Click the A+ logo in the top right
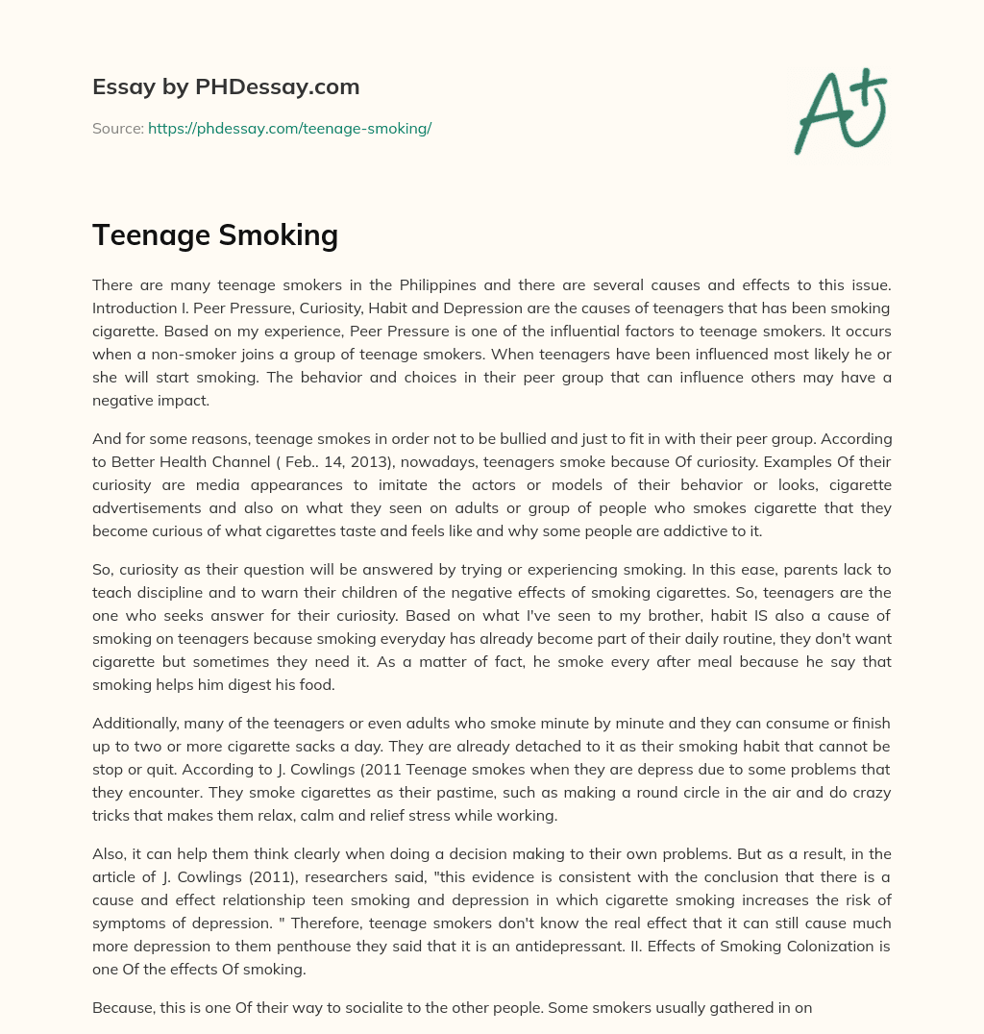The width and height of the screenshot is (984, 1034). [839, 111]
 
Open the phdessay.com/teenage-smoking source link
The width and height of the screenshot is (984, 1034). [289, 128]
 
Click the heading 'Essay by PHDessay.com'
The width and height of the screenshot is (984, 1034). [226, 87]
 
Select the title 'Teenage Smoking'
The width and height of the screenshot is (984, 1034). [214, 234]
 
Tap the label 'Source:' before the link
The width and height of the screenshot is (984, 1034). [117, 128]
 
